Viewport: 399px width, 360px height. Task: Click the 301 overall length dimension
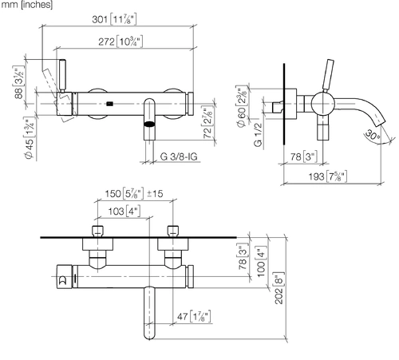[x=114, y=19]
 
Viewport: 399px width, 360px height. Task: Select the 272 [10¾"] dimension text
[x=120, y=42]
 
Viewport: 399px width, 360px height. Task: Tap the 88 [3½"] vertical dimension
[x=18, y=82]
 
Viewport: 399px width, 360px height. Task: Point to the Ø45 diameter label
[x=30, y=138]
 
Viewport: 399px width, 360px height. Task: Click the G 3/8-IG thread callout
[x=179, y=156]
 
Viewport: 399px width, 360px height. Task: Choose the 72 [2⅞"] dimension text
[x=207, y=123]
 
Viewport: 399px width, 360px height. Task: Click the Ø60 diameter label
[x=242, y=106]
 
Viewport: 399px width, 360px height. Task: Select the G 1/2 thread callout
[x=258, y=135]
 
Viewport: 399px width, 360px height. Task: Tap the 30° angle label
[x=373, y=135]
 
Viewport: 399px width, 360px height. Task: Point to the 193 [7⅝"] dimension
[x=327, y=176]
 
